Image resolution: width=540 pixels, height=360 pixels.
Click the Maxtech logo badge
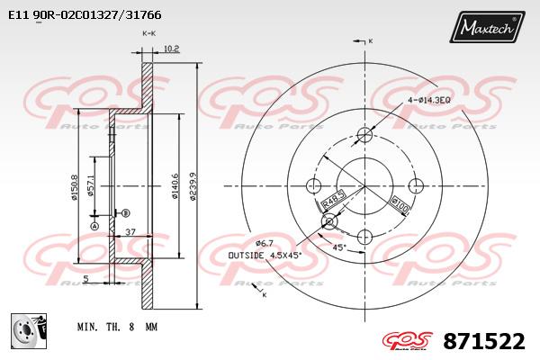487,26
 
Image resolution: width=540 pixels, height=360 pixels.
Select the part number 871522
484,341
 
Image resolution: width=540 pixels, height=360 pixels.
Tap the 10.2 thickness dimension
171,49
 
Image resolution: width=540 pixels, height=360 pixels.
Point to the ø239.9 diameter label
193,186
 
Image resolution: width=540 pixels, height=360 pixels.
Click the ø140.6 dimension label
175,186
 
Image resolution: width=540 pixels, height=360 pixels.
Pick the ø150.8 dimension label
74,187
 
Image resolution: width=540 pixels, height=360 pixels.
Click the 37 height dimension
130,232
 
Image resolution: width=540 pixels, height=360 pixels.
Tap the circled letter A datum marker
94,226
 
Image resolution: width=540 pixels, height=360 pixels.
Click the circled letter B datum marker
126,213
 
